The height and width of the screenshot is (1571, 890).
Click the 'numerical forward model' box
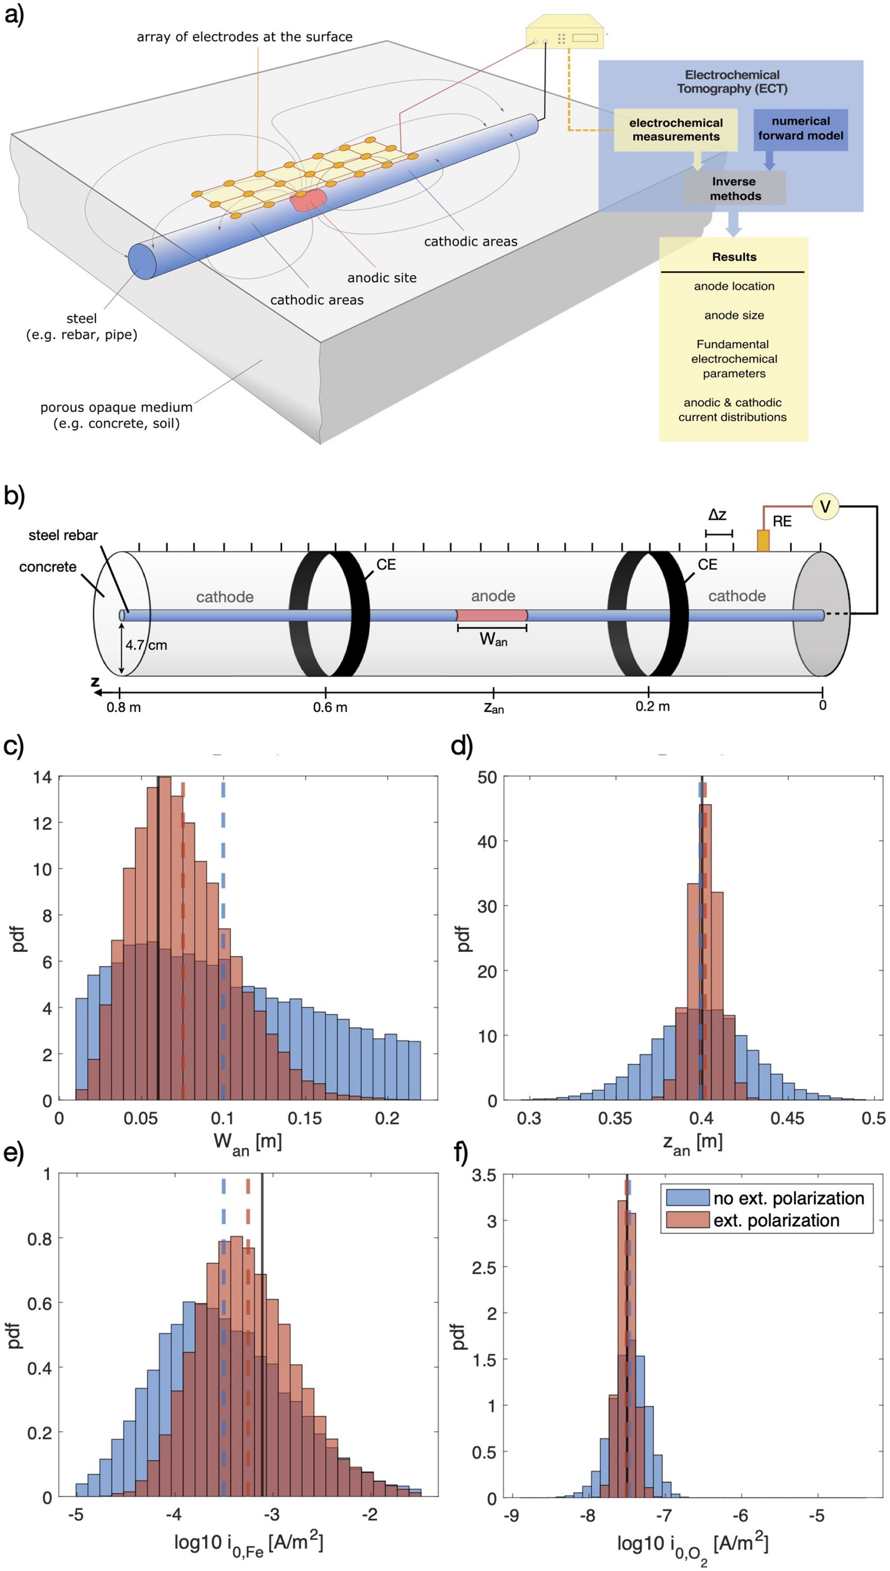(800, 129)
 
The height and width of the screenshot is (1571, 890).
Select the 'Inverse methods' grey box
(735, 188)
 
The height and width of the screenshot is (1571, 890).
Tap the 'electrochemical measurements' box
(675, 130)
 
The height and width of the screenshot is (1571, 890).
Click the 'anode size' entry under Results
(733, 315)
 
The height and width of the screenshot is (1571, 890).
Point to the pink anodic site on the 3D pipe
(308, 199)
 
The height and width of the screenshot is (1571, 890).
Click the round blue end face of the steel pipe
(142, 261)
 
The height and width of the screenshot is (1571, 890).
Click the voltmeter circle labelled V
(824, 507)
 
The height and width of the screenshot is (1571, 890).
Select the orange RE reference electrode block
(763, 540)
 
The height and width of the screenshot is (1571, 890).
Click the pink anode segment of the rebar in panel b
(492, 615)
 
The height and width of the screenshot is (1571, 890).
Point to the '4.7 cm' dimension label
(146, 645)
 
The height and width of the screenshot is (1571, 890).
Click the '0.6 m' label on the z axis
(330, 707)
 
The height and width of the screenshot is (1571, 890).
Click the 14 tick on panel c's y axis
(43, 778)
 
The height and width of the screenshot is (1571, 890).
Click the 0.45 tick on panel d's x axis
(787, 1119)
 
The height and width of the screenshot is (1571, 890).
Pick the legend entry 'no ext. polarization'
(788, 1198)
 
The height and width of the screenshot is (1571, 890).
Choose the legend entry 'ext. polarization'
(776, 1221)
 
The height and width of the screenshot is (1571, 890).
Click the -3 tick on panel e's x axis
(272, 1515)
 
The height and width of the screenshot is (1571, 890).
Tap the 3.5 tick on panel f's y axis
(483, 1176)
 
